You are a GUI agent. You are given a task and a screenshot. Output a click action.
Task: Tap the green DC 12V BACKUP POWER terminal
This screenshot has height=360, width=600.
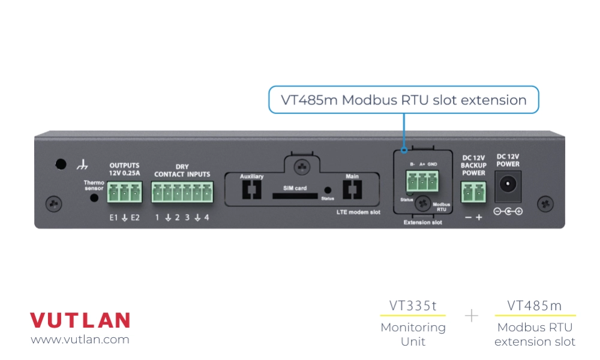[473, 193]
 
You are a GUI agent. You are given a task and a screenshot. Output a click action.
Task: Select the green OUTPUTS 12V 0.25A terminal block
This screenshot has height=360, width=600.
[124, 192]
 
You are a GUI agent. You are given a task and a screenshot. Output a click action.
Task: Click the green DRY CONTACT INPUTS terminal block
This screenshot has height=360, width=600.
[182, 192]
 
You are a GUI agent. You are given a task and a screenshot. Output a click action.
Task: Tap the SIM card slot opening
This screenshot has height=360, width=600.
[295, 195]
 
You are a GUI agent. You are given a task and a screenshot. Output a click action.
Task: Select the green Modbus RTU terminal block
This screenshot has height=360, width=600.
[422, 181]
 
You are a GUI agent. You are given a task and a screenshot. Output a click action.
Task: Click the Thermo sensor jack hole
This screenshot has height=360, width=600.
[94, 197]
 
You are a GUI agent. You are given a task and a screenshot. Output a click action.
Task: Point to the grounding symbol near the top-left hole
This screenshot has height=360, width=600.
[83, 164]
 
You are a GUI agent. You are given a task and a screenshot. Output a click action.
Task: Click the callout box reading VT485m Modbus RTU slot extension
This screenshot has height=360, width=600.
[403, 100]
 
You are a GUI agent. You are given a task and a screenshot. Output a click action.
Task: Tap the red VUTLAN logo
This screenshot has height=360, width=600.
[80, 320]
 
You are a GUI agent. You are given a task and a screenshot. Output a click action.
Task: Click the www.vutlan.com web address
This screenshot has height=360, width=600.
[80, 340]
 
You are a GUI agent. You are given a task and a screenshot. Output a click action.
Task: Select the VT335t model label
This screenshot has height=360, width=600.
[413, 306]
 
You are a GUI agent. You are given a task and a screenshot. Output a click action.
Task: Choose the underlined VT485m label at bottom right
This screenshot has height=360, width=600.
[535, 306]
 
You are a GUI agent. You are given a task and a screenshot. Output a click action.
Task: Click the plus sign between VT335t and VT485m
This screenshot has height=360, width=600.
[472, 316]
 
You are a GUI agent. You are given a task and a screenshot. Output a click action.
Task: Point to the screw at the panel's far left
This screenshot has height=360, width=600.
[54, 203]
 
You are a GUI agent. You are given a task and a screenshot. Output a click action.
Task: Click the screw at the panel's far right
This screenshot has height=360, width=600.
[545, 203]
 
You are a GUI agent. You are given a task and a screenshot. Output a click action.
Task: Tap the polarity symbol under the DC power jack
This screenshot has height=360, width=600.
[508, 211]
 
